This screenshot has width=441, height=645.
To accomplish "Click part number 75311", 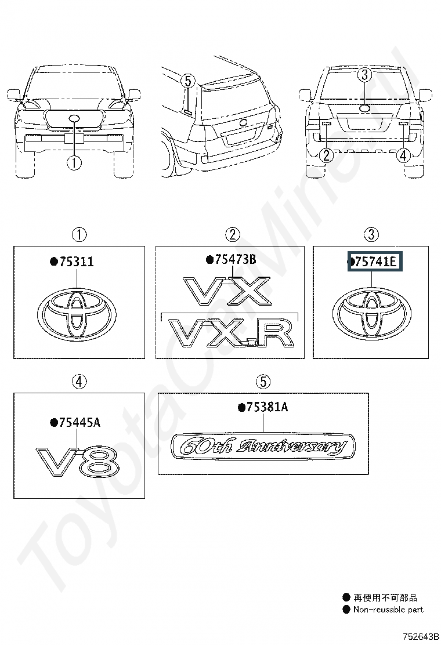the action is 77,262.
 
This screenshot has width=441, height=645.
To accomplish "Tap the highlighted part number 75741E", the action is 375,262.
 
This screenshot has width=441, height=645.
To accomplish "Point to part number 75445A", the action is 79,422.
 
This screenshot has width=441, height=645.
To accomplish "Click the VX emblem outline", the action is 227,291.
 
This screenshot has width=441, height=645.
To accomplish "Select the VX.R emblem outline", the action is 233,333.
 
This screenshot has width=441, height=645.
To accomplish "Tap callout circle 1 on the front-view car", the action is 74,162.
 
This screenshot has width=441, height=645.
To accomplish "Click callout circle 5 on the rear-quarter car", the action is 187,81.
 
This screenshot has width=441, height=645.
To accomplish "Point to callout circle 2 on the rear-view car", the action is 326,155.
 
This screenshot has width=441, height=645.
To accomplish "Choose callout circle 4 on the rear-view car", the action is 403,155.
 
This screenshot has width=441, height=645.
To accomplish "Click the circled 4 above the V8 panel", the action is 79,381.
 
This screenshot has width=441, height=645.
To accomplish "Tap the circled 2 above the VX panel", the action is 233,235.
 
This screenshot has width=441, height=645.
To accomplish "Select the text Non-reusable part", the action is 388,610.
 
